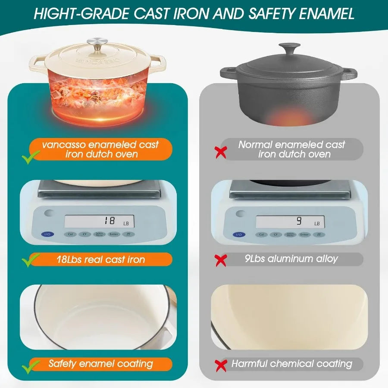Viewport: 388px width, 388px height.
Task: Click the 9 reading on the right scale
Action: [x=298, y=221]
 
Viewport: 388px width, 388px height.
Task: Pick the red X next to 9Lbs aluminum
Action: [x=221, y=260]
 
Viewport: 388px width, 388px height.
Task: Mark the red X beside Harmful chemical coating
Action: [x=221, y=365]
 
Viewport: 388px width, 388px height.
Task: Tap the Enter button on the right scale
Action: [x=304, y=235]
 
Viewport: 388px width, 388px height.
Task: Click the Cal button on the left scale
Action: [x=69, y=235]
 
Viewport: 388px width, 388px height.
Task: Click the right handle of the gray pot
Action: [x=350, y=73]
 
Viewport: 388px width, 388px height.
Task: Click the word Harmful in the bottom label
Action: [x=250, y=364]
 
